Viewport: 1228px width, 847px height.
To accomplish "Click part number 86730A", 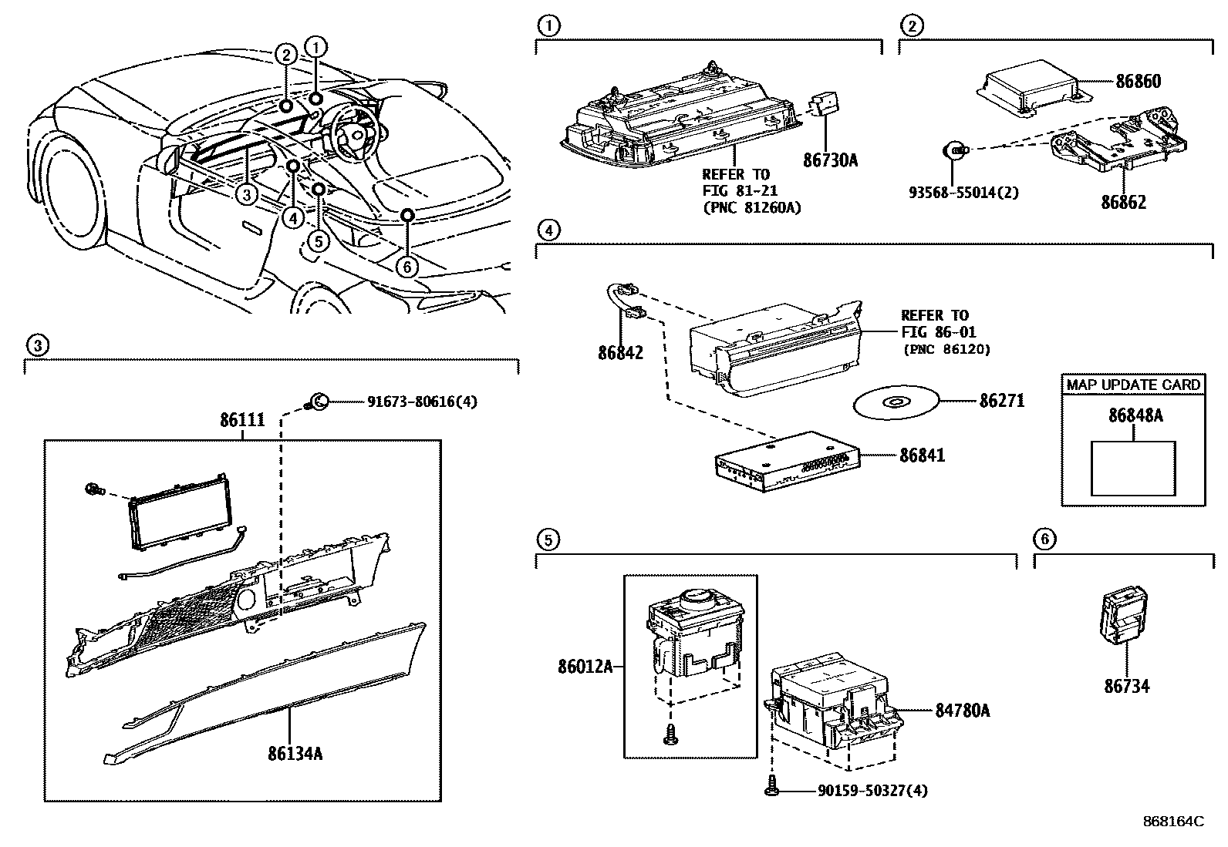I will (830, 160).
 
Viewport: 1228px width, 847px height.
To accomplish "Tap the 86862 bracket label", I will (1123, 203).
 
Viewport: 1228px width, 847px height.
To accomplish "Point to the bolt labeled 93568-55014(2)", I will (956, 151).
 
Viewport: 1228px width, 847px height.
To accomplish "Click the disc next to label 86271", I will (896, 402).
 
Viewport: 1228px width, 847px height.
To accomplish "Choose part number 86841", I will (922, 455).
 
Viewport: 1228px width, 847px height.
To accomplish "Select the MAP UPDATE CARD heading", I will (1133, 385).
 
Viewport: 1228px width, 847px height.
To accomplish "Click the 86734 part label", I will (1126, 685).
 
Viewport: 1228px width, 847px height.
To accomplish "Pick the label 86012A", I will (585, 666).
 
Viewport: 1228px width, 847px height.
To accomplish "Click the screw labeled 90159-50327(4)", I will (771, 789).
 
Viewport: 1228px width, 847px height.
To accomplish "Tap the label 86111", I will (242, 421).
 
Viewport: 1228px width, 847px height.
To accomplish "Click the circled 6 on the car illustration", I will (407, 267).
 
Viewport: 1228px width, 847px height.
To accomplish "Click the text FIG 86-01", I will (938, 332).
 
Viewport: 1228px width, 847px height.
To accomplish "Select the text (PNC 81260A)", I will (751, 207).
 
